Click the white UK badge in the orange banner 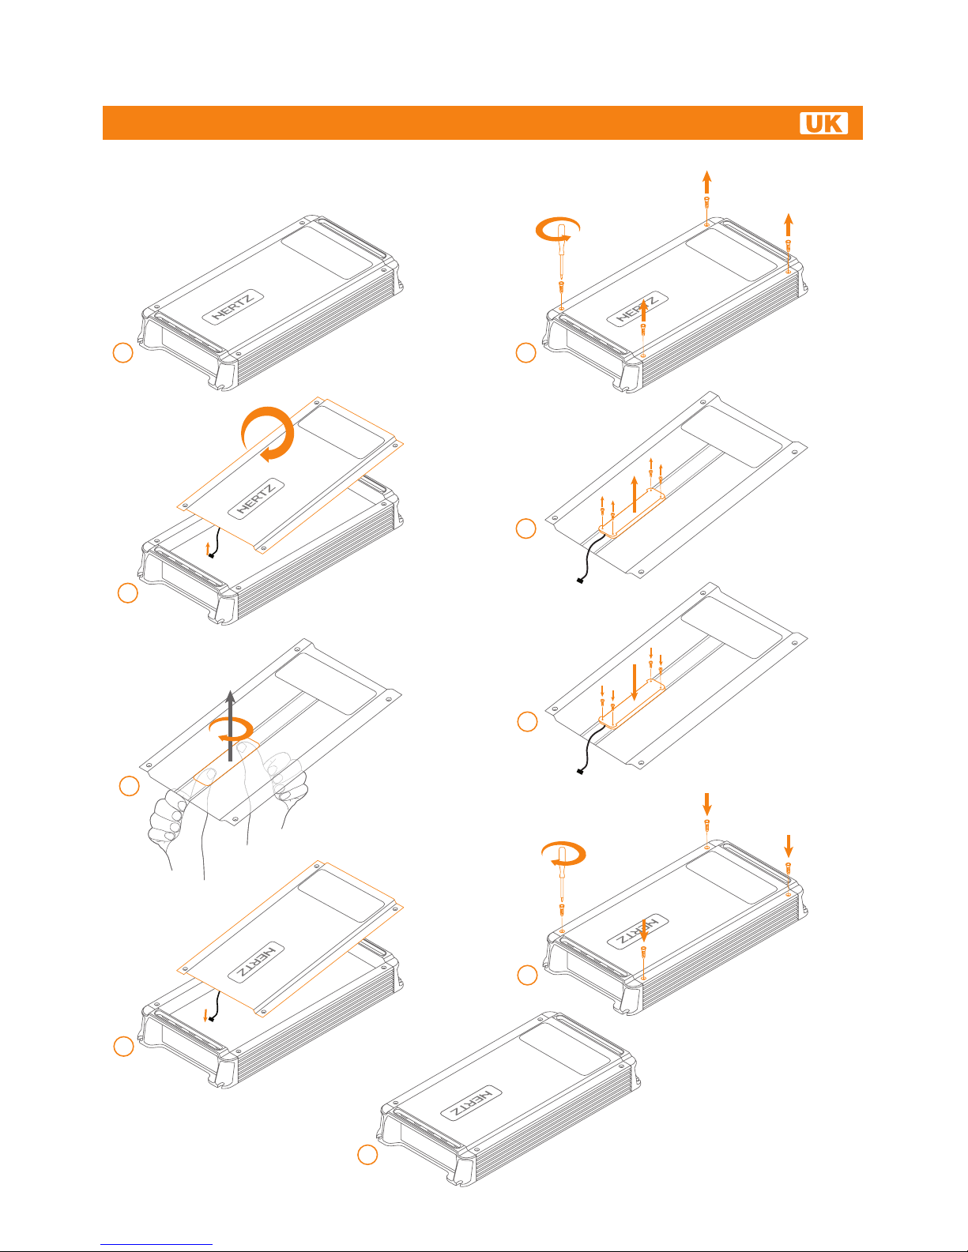(x=823, y=123)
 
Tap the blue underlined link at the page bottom (x=156, y=1244)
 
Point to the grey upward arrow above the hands (x=231, y=725)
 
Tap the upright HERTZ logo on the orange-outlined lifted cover (x=256, y=498)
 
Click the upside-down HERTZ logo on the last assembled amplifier (x=471, y=1103)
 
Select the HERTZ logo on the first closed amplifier (x=233, y=306)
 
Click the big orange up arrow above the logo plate (x=635, y=494)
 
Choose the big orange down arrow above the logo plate (x=635, y=682)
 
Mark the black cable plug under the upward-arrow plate (x=580, y=581)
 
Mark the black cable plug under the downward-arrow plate (x=580, y=772)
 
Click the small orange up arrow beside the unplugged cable (x=208, y=548)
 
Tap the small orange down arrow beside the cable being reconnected (x=205, y=1015)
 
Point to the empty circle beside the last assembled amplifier (x=367, y=1155)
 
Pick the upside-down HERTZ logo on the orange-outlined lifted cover (x=256, y=962)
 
